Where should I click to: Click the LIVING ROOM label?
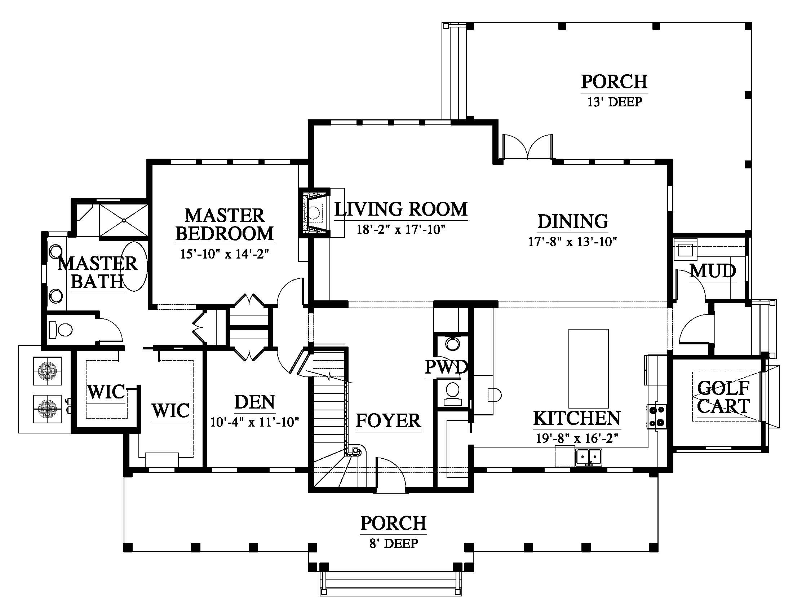pyautogui.click(x=401, y=209)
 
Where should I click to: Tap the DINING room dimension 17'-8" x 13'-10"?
pyautogui.click(x=573, y=242)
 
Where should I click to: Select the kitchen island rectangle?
pyautogui.click(x=588, y=368)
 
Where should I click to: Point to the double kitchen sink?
pyautogui.click(x=588, y=457)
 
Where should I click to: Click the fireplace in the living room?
pyautogui.click(x=314, y=213)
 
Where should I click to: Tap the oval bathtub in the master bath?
pyautogui.click(x=134, y=266)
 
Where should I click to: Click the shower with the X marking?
pyautogui.click(x=124, y=220)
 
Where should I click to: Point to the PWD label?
pyautogui.click(x=446, y=367)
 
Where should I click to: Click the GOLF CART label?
pyautogui.click(x=723, y=397)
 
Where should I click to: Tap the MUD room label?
pyautogui.click(x=713, y=271)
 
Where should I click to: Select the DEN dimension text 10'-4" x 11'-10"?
pyautogui.click(x=254, y=422)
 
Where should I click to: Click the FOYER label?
pyautogui.click(x=388, y=421)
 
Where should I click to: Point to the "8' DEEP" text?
pyautogui.click(x=394, y=544)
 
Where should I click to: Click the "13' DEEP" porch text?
pyautogui.click(x=614, y=102)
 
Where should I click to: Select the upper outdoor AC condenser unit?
pyautogui.click(x=47, y=371)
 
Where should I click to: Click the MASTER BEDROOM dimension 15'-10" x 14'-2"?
pyautogui.click(x=225, y=253)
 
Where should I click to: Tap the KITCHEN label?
pyautogui.click(x=577, y=418)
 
